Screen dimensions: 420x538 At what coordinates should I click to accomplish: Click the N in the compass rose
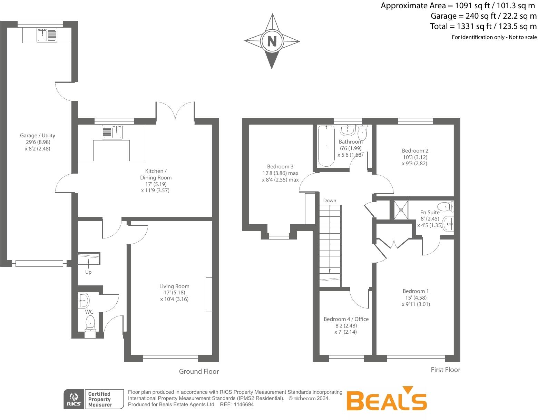(x=272, y=41)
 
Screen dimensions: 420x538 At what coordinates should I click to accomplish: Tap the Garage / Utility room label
(x=37, y=136)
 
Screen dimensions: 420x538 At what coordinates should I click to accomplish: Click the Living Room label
(x=174, y=286)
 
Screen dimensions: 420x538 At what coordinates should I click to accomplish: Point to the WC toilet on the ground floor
(x=90, y=322)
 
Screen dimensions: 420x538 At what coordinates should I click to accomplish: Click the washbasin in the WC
(x=83, y=300)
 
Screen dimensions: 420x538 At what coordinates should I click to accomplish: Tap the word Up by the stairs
(x=88, y=272)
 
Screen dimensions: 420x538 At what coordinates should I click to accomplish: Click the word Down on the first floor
(x=330, y=201)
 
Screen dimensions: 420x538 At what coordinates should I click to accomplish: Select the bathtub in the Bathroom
(x=326, y=146)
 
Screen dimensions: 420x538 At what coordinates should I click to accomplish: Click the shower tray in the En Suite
(x=401, y=210)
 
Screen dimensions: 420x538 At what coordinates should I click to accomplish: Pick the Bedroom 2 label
(x=415, y=150)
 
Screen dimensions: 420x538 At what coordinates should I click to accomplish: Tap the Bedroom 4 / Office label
(x=346, y=319)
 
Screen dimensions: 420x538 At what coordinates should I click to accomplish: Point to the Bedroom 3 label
(x=280, y=166)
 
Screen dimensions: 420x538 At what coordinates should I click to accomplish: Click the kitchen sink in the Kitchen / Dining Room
(x=112, y=132)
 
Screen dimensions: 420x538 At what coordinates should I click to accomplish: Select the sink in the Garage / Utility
(x=47, y=35)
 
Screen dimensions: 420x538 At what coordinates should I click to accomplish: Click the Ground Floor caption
(x=199, y=371)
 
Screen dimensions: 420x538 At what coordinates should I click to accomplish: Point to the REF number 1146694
(x=244, y=404)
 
